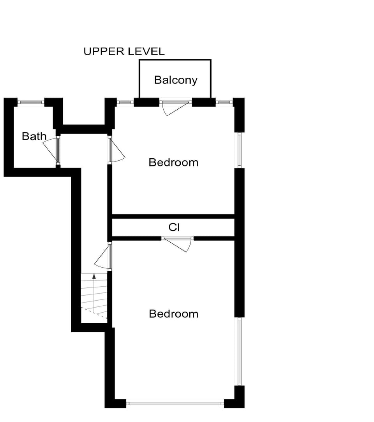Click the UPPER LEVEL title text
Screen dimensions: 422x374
pyautogui.click(x=124, y=51)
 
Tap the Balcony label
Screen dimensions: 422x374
pyautogui.click(x=176, y=80)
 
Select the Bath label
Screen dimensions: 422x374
pyautogui.click(x=34, y=137)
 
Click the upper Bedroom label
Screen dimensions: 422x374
pyautogui.click(x=173, y=162)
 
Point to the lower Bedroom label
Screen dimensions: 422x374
pyautogui.click(x=173, y=314)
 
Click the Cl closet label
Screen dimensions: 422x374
pyautogui.click(x=174, y=227)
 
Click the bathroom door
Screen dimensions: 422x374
pyautogui.click(x=51, y=150)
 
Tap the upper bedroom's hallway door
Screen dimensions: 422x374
pyautogui.click(x=116, y=150)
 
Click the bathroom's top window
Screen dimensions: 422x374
pyautogui.click(x=31, y=102)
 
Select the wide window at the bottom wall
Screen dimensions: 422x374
pyautogui.click(x=175, y=403)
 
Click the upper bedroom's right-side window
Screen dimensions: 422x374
pyautogui.click(x=240, y=150)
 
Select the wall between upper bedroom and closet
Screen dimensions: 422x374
pyautogui.click(x=173, y=216)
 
